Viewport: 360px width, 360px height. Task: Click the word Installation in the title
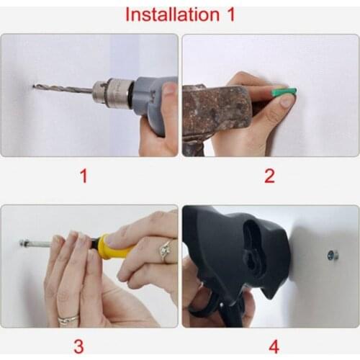(x=172, y=14)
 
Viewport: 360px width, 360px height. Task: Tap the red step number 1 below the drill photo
(x=84, y=176)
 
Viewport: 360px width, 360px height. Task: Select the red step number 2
(x=269, y=176)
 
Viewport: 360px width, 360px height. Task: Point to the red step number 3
(x=78, y=346)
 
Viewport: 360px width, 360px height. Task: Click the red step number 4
(x=274, y=346)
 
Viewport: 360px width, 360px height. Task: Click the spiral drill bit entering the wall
(x=63, y=89)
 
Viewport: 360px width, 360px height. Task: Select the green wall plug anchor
(x=284, y=93)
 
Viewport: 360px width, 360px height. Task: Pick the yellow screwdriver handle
(x=116, y=246)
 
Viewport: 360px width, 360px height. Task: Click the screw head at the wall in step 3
(x=22, y=243)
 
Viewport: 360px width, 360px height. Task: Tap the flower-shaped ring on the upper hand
(x=166, y=251)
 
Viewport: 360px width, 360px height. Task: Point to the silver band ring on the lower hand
(x=68, y=319)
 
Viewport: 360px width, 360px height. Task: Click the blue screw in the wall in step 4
(x=333, y=256)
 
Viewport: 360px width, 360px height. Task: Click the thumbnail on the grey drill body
(x=170, y=89)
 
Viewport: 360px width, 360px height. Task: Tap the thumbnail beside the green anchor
(x=286, y=102)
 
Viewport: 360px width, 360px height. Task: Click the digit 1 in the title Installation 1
(x=230, y=14)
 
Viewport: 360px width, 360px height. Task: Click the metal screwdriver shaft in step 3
(x=39, y=244)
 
